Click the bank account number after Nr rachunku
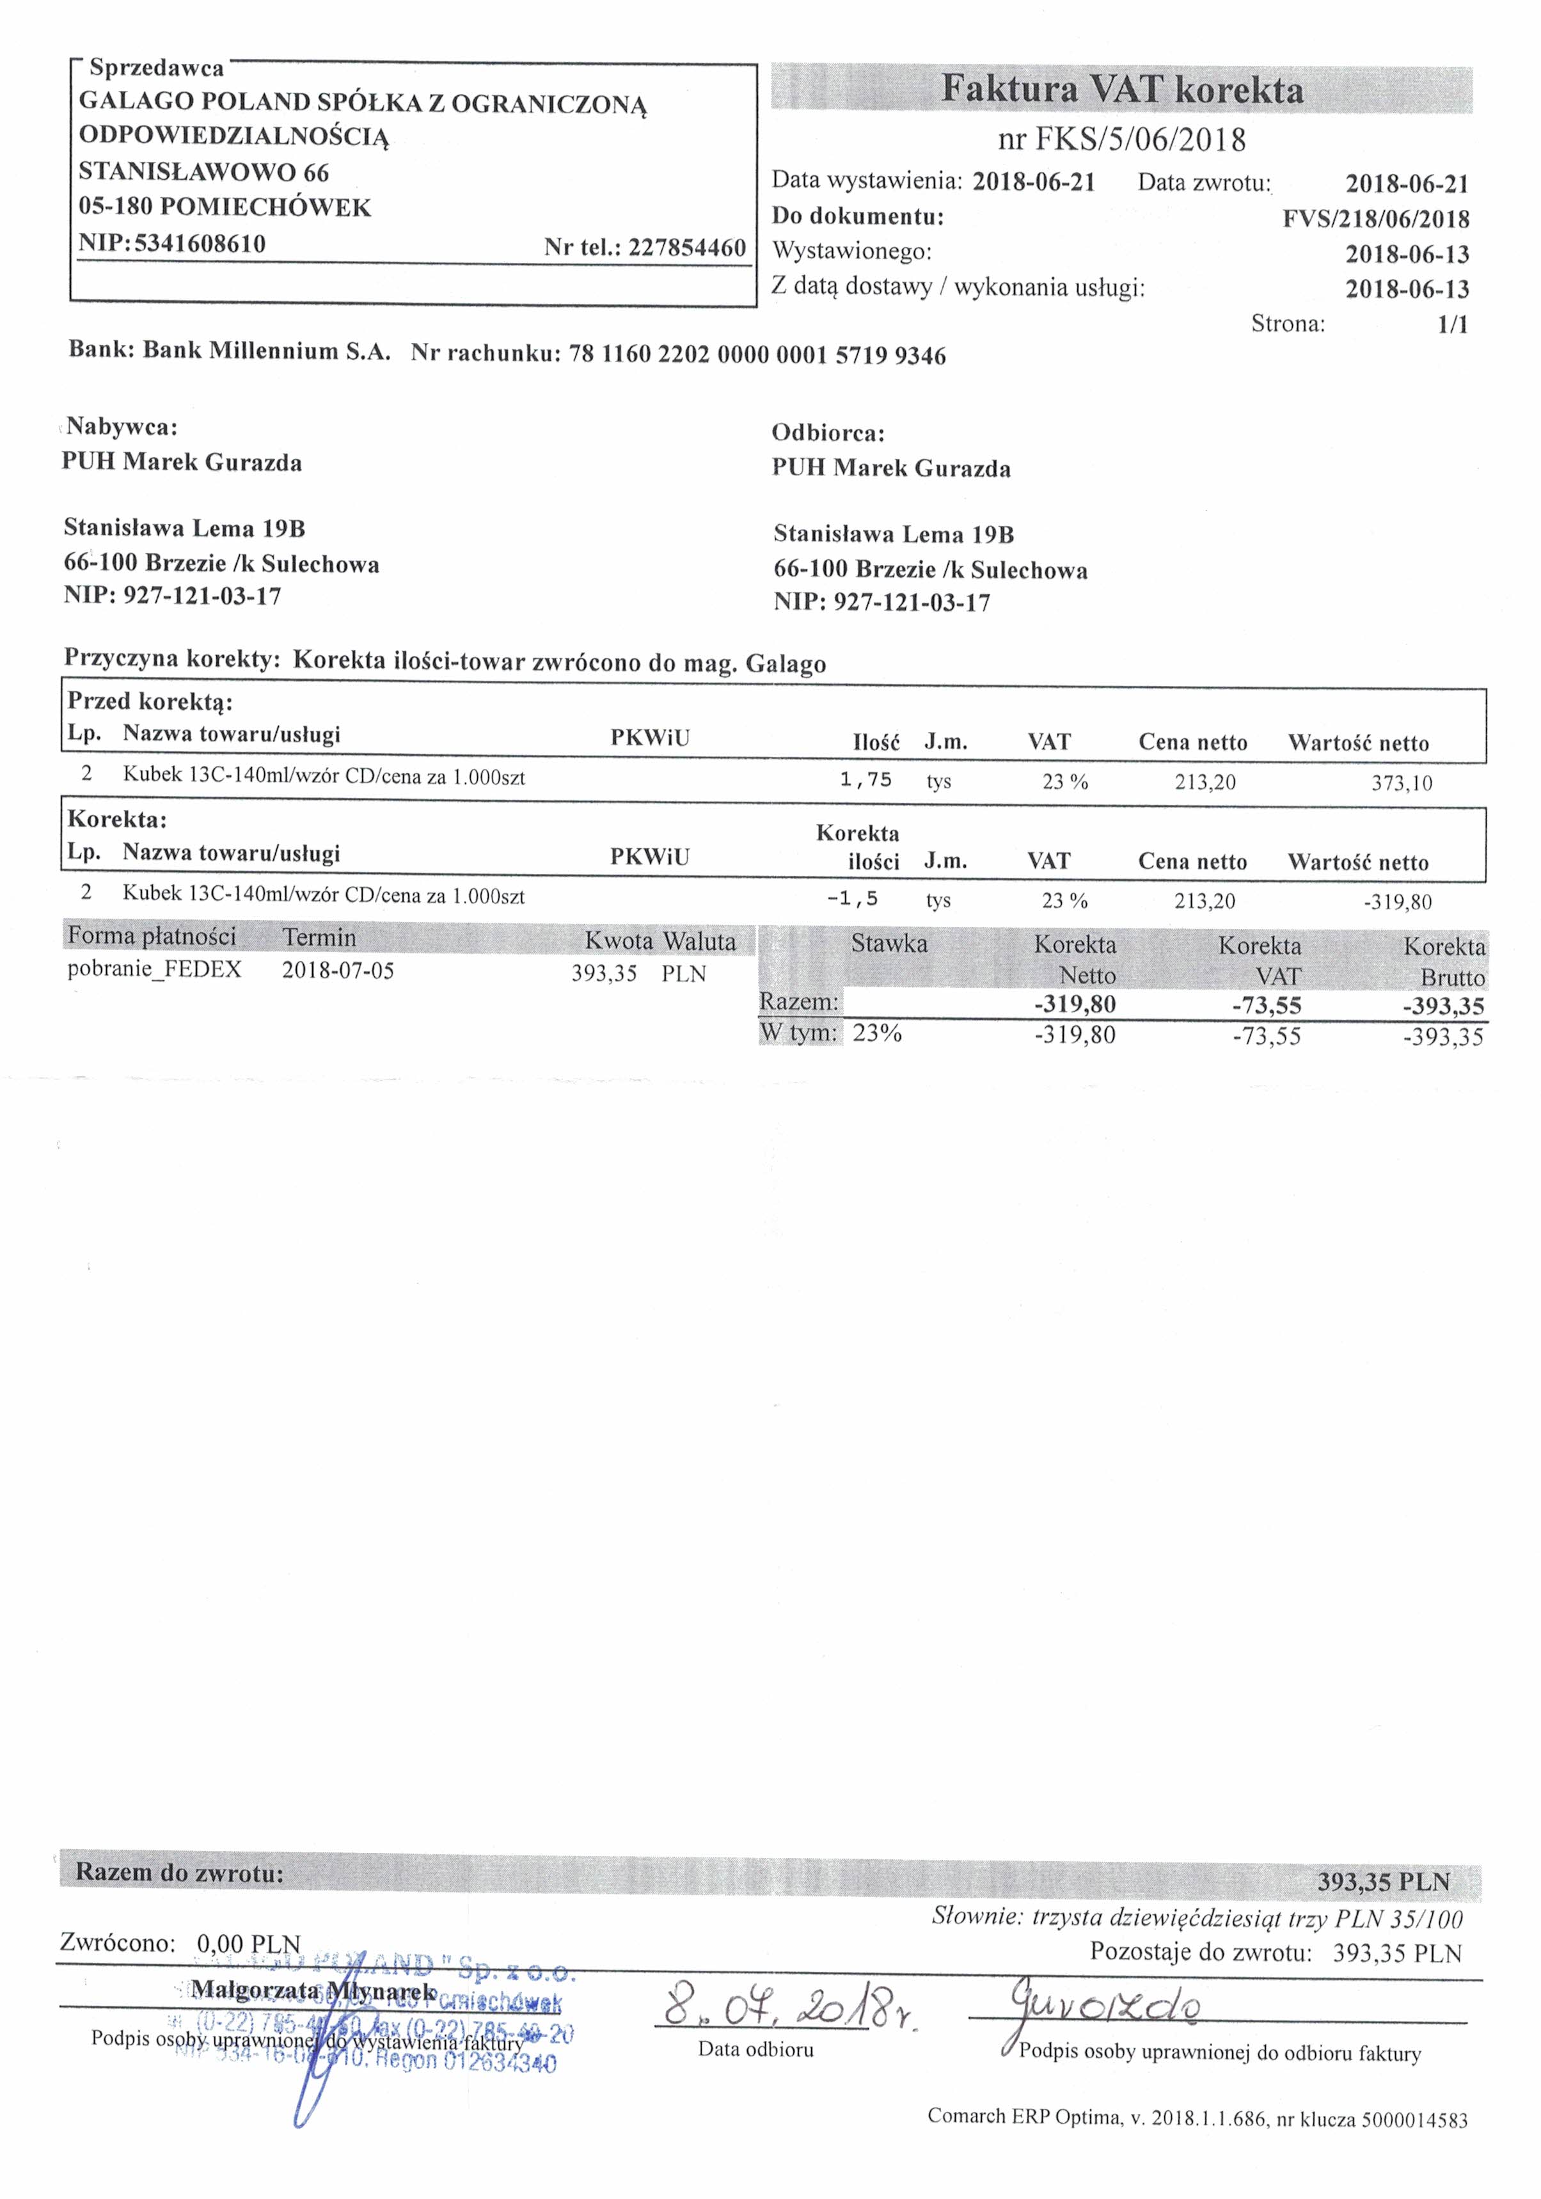click(757, 355)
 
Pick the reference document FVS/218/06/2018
click(1375, 219)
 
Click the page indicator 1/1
click(1452, 324)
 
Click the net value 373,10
click(1401, 784)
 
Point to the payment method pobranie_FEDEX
click(154, 969)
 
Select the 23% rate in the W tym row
click(876, 1033)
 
